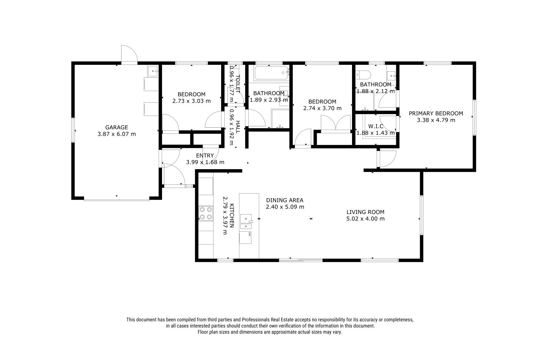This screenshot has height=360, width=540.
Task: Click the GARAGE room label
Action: pos(116,127)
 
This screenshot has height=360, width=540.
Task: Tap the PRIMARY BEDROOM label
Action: pos(436,113)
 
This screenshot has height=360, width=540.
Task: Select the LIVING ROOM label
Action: pos(366,212)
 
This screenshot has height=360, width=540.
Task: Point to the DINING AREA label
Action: pos(285,200)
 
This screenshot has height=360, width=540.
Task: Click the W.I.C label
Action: pos(376,126)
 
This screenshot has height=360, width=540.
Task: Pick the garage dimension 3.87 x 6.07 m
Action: pos(117,134)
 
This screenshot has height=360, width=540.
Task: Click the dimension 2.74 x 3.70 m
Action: pos(322,108)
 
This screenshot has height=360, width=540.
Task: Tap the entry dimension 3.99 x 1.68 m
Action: pos(205,162)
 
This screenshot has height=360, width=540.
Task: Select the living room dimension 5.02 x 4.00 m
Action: pos(366,219)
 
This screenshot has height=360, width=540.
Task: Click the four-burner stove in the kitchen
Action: pos(206,213)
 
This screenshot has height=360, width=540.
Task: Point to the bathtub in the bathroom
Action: pos(271,73)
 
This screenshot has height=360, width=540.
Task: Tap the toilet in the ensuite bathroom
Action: pos(363,75)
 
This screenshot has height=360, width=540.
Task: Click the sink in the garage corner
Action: pos(153,71)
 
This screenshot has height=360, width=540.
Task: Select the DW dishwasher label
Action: pos(249,234)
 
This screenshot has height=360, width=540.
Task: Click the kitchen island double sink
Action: pos(246,222)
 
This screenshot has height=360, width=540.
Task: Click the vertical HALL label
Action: pos(238,127)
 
